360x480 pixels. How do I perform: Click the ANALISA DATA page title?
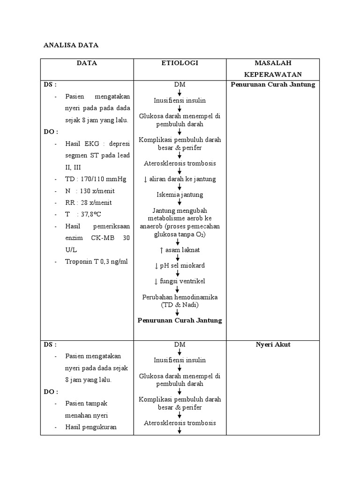pos(71,45)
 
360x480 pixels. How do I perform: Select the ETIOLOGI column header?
pos(180,63)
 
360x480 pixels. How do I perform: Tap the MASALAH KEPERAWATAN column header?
pos(272,68)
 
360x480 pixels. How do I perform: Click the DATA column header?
pos(87,63)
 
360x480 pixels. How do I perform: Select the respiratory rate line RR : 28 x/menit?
pos(89,202)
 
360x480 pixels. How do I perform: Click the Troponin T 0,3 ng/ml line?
pos(96,262)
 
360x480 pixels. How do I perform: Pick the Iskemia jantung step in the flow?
pos(180,195)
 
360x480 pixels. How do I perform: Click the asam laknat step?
pos(180,250)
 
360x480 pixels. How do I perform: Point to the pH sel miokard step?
pos(180,265)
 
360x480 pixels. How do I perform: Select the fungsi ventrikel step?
pos(180,281)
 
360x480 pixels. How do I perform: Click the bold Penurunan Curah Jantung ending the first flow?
pos(180,321)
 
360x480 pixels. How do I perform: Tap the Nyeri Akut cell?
pos(273,345)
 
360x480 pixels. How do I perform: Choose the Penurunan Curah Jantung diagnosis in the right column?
pos(273,85)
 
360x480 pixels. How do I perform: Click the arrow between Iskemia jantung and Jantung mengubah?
pos(179,202)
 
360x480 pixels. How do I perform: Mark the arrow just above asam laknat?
pos(178,242)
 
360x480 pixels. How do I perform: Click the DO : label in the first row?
pos(51,132)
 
